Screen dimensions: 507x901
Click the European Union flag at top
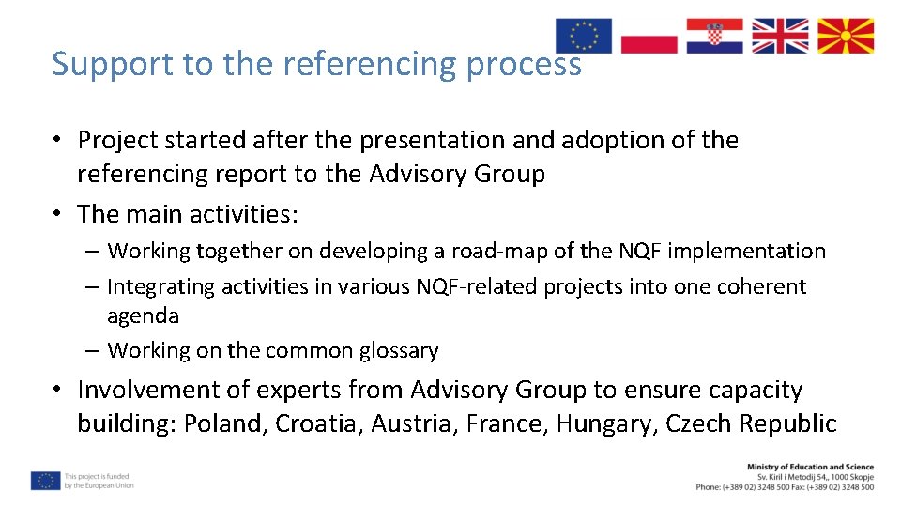583,36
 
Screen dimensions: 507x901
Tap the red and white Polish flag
649,36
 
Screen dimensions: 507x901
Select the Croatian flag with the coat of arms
714,36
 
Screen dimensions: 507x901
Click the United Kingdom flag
780,36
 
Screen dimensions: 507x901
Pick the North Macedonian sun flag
846,36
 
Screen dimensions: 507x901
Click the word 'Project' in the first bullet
117,140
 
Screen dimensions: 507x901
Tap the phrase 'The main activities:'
188,214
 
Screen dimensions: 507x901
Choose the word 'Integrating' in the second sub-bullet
160,286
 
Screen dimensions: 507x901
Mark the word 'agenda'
143,315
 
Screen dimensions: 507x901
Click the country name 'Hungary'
606,423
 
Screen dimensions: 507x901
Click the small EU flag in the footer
45,481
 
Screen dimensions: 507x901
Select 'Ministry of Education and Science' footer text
809,467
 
